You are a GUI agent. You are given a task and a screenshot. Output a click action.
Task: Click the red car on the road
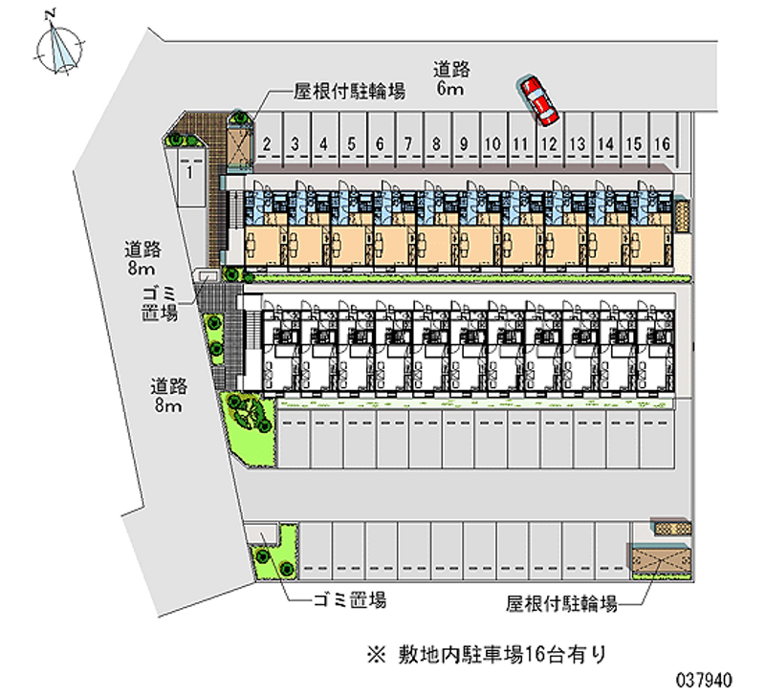coord(538,100)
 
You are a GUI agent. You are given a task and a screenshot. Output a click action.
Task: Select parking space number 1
coord(190,173)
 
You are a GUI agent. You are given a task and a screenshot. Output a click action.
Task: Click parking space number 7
coord(407,144)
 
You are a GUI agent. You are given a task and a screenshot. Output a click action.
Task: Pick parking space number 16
coord(661,144)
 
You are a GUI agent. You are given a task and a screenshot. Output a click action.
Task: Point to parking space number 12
coord(549,144)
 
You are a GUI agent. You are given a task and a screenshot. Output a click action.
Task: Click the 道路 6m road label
coord(449,78)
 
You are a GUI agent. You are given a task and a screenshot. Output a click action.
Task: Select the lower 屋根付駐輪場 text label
coord(561,603)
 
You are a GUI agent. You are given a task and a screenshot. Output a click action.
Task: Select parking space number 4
coord(324,144)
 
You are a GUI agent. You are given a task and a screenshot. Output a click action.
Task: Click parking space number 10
coord(492,144)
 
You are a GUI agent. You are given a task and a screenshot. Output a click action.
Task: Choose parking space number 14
coord(605,144)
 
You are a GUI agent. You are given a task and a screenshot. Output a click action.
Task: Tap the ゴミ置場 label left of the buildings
coord(160,303)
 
